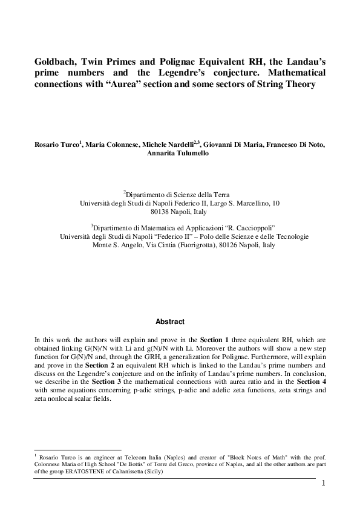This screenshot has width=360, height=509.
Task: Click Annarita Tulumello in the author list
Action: [180, 154]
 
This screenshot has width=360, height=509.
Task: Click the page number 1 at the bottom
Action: [324, 482]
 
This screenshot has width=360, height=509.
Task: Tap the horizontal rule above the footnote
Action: [78, 450]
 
